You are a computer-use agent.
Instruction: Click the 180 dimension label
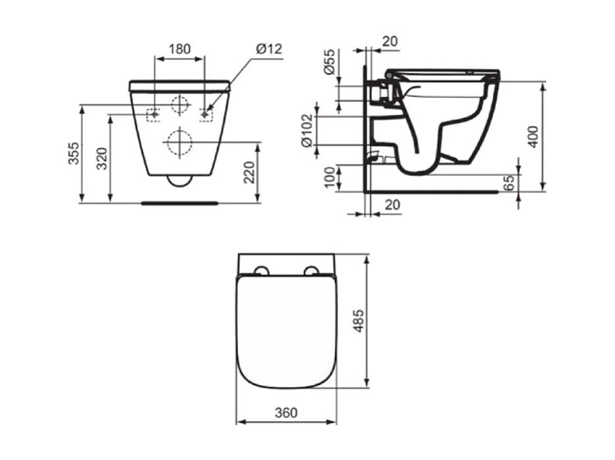pos(179,49)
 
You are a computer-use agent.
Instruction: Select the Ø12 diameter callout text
pos(269,49)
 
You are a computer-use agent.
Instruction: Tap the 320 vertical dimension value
pos(102,159)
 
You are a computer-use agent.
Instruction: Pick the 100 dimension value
pos(330,178)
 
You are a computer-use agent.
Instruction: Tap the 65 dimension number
pos(509,182)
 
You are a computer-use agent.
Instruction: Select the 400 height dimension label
pos(534,136)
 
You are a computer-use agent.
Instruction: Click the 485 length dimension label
pos(359,319)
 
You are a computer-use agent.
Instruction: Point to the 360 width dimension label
pos(286,413)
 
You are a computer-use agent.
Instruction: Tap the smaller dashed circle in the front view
pos(179,104)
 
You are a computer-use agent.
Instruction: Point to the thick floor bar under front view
pos(179,203)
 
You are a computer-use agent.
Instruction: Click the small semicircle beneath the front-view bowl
pos(179,180)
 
